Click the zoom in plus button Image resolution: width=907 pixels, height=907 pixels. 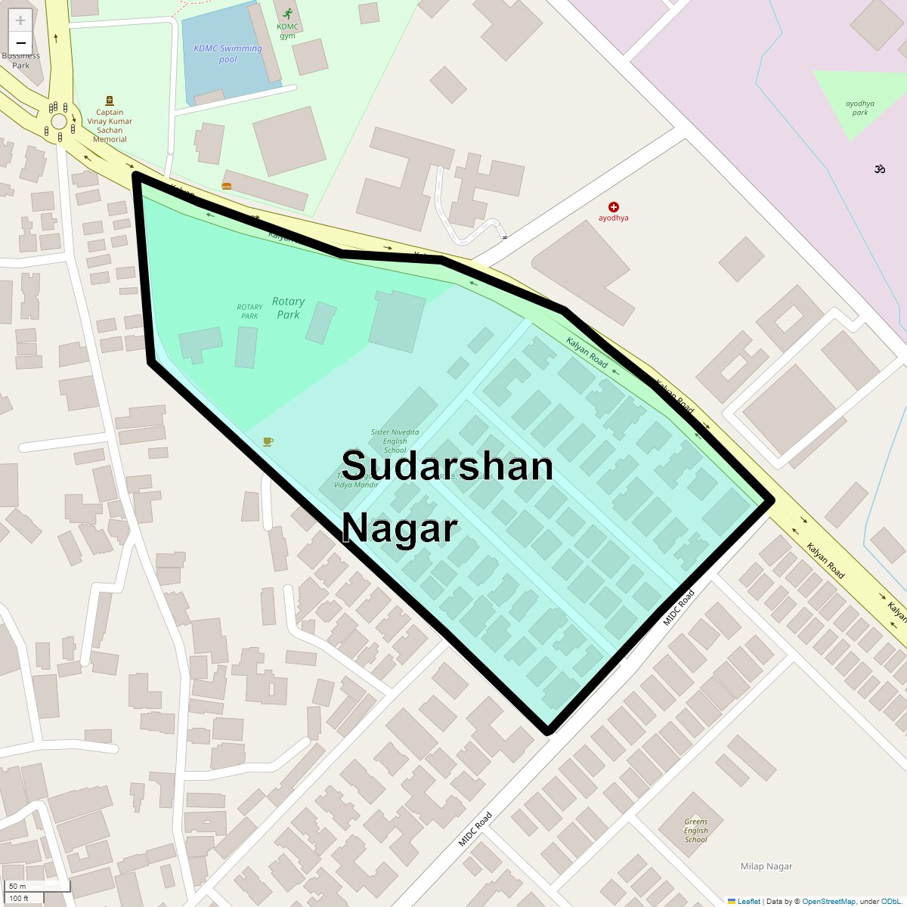[x=20, y=20]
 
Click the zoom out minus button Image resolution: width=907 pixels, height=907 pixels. [x=20, y=43]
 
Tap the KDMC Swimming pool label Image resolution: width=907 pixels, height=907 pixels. [x=228, y=54]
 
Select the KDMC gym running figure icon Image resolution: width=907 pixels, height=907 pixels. [x=287, y=14]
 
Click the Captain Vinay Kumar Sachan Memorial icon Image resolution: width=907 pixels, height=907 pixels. [x=110, y=101]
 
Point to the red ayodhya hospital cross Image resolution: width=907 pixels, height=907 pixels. [x=614, y=206]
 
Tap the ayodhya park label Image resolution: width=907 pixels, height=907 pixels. [x=860, y=108]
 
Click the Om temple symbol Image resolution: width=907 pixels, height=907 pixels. [x=879, y=169]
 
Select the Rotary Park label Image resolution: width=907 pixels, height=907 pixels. [x=288, y=308]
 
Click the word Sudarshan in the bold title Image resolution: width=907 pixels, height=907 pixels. [x=447, y=466]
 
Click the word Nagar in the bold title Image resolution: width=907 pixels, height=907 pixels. [x=400, y=528]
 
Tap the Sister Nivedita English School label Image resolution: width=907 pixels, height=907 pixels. [x=395, y=441]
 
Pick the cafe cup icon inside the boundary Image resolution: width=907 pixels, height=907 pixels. [x=268, y=441]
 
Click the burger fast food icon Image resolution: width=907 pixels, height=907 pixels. [x=227, y=185]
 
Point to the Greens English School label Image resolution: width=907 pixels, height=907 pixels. [x=696, y=831]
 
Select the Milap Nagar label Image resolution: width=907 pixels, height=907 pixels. [x=766, y=866]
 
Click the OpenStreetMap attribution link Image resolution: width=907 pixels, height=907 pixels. [x=828, y=901]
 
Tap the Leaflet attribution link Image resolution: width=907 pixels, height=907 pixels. [x=748, y=901]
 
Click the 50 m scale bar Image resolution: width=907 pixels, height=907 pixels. [x=38, y=886]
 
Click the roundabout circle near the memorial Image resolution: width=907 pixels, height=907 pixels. [x=59, y=122]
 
